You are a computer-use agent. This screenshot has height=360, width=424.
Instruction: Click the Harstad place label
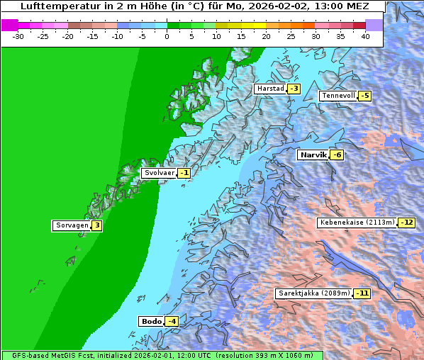(270, 89)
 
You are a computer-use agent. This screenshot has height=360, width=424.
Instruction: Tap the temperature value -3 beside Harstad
(294, 89)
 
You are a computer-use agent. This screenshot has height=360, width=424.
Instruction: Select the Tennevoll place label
(337, 96)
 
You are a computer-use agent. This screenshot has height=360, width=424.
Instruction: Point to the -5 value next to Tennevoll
(364, 96)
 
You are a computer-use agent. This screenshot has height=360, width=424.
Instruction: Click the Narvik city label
(312, 154)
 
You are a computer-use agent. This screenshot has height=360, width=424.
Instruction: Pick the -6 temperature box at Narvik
(337, 155)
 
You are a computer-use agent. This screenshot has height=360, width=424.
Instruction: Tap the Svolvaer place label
(158, 173)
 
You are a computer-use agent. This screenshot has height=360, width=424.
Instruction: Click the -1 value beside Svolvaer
(184, 173)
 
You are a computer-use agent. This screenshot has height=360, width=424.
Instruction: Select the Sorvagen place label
(71, 225)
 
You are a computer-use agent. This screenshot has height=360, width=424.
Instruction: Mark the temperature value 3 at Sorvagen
(96, 225)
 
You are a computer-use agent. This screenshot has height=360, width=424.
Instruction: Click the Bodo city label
(151, 321)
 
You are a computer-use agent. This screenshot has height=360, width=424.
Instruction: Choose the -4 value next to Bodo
(171, 321)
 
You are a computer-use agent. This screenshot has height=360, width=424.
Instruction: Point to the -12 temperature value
(406, 223)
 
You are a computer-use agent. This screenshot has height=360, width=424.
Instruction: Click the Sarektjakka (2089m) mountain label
(313, 293)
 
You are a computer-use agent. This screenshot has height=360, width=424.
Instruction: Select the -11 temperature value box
(362, 293)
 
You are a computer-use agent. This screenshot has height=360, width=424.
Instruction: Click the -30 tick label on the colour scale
(18, 36)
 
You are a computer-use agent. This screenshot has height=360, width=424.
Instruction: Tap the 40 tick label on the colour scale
(365, 36)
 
